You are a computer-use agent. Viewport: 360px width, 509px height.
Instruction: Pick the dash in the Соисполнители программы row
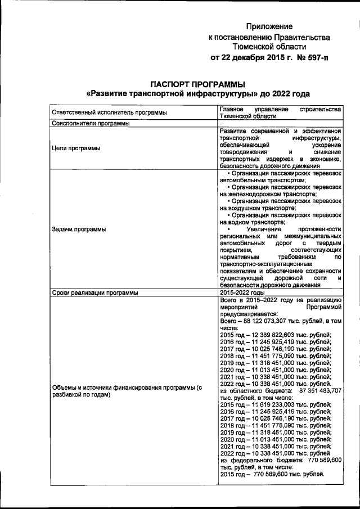[x=222, y=123]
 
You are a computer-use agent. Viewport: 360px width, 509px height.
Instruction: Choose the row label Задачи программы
[x=79, y=229]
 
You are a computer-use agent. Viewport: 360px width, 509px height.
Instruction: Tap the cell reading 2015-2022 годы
[x=242, y=293]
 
